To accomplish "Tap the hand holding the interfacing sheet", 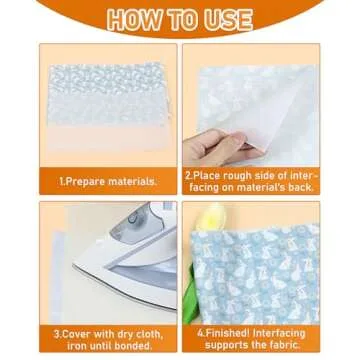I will pos(215,100).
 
